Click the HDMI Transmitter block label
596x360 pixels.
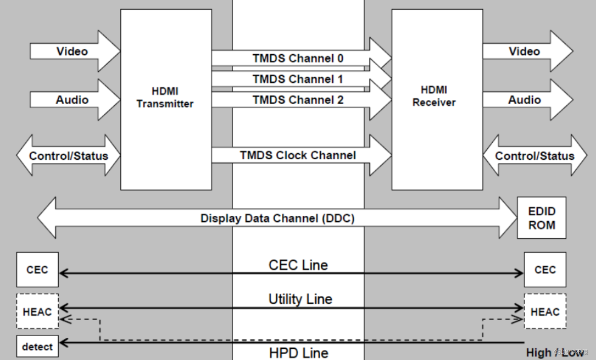click(165, 98)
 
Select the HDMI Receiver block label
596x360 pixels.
click(434, 96)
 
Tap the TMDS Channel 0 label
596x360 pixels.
click(297, 58)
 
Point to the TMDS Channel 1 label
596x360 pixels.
click(297, 79)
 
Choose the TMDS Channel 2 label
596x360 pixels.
click(297, 100)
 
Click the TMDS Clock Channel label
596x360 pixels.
click(297, 155)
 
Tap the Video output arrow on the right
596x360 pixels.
click(524, 51)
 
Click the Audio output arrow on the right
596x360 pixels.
click(524, 100)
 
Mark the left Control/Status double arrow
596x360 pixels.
click(68, 155)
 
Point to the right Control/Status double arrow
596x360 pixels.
click(535, 155)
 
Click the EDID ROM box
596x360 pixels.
click(541, 218)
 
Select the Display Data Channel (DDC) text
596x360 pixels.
click(277, 218)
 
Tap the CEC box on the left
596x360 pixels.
click(37, 269)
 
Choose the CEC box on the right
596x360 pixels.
click(545, 269)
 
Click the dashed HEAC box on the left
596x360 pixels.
click(37, 311)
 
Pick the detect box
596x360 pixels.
click(37, 347)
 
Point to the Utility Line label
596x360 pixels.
click(300, 299)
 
